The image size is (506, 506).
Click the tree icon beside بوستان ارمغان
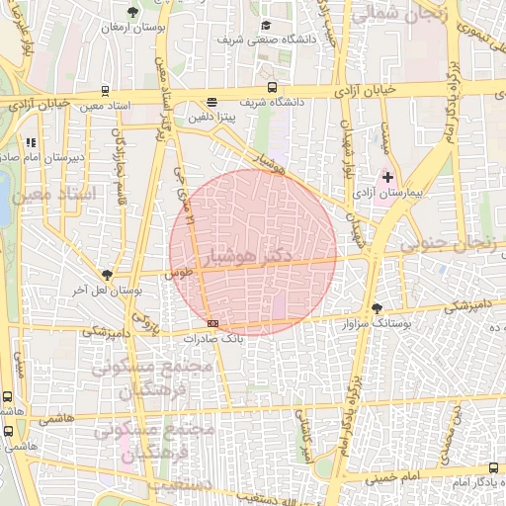click(133, 13)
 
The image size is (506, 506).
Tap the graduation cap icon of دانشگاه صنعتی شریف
click(265, 26)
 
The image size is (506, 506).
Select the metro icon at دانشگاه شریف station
click(272, 87)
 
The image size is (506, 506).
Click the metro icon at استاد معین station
click(107, 88)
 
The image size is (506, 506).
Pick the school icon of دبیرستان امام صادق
click(32, 141)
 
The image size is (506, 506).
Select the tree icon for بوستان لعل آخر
click(107, 275)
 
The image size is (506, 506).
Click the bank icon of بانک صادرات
click(212, 323)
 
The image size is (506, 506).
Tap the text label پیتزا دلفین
click(213, 116)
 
